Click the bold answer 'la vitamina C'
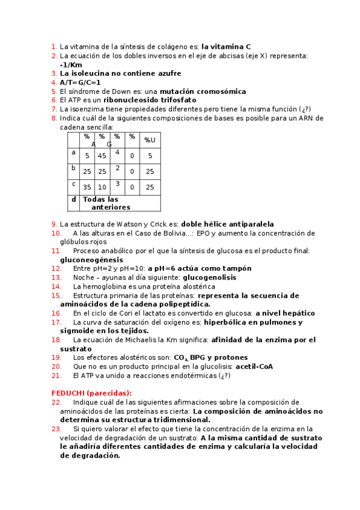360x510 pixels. click(226, 46)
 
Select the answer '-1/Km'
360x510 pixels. click(71, 64)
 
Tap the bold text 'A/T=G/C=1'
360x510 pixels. click(80, 82)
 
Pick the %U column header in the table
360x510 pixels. click(150, 140)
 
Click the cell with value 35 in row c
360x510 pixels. click(87, 187)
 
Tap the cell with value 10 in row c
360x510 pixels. click(102, 187)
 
